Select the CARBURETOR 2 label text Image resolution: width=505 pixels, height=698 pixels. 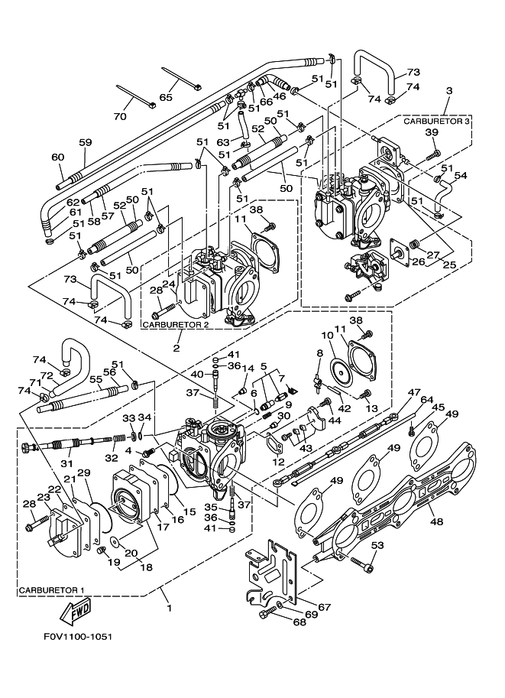(x=176, y=325)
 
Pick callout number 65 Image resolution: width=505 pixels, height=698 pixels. (x=166, y=98)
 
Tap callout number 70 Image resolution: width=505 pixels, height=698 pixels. (x=119, y=117)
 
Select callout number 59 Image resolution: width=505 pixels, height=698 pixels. (x=85, y=141)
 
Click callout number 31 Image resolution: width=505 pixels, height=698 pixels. (x=66, y=464)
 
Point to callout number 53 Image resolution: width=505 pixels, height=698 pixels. (x=377, y=545)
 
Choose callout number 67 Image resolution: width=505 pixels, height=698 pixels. (x=324, y=608)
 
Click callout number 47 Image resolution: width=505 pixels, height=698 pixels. (x=413, y=392)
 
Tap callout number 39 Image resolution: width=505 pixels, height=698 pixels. (x=432, y=133)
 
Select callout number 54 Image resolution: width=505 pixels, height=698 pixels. (x=461, y=176)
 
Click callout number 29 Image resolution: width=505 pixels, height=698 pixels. (x=83, y=474)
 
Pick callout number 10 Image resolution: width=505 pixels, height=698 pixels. (x=326, y=335)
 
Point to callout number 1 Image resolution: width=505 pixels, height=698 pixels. (x=169, y=609)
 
